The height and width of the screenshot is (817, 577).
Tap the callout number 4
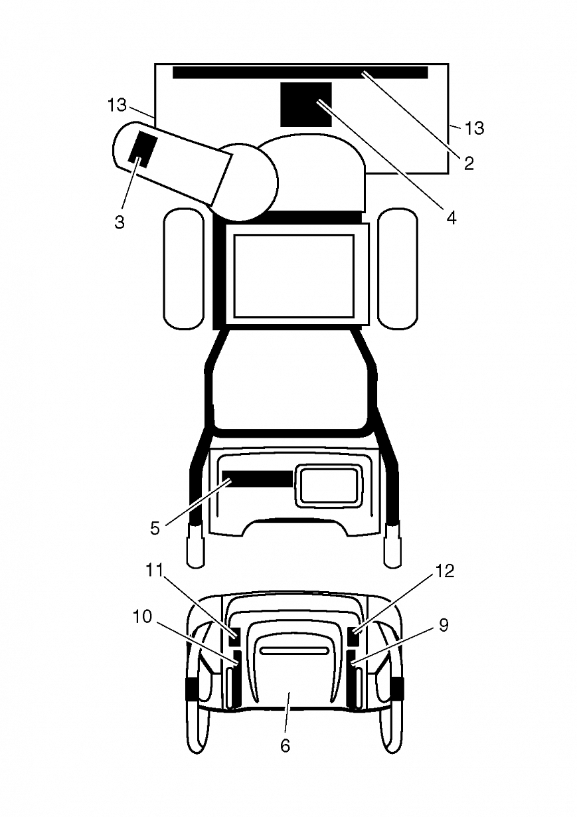point(452,218)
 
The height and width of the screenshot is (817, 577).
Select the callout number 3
point(120,222)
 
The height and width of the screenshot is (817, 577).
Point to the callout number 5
point(155,529)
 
